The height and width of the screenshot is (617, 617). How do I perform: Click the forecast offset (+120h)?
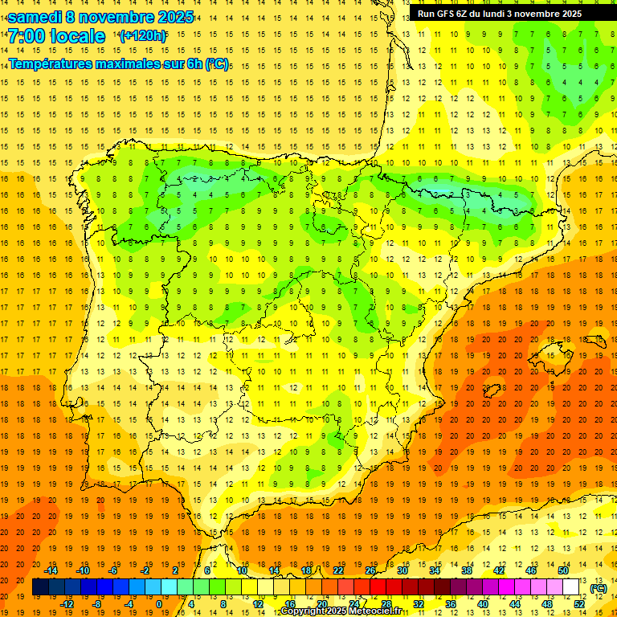click(x=142, y=36)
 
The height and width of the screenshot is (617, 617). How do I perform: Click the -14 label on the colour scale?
click(x=51, y=570)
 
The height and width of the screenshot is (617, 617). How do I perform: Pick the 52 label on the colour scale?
click(x=580, y=604)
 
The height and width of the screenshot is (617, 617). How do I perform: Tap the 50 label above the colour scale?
click(x=562, y=570)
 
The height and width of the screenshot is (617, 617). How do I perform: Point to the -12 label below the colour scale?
click(x=67, y=604)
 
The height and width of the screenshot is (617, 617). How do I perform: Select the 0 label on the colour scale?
click(x=159, y=604)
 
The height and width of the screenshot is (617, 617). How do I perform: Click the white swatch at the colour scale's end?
click(x=571, y=587)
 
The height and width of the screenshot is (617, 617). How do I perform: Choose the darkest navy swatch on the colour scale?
click(x=40, y=587)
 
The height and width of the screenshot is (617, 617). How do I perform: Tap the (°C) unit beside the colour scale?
click(x=599, y=588)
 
